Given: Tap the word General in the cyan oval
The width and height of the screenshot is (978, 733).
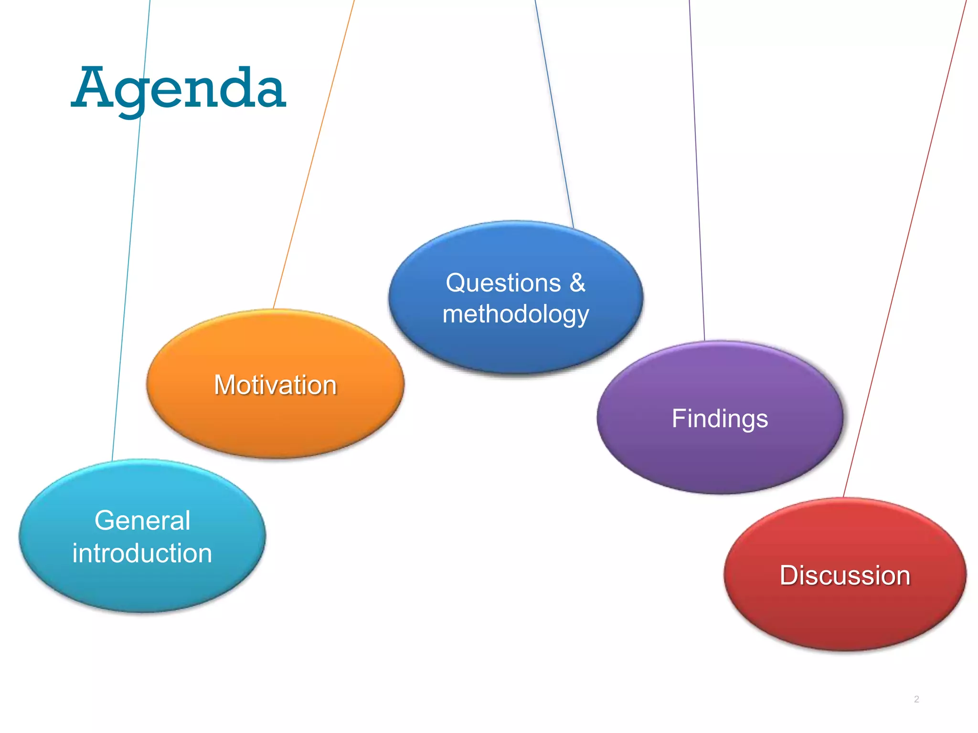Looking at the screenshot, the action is [142, 520].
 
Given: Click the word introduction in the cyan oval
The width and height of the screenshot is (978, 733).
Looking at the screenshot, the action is [142, 554].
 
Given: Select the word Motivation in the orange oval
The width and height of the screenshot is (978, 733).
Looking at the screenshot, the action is [276, 385].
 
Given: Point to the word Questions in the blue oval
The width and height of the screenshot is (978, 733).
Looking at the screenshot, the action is [503, 283].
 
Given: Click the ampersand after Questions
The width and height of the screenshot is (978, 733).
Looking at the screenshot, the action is [577, 283].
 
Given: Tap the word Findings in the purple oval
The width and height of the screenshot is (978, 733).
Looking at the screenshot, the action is [720, 419].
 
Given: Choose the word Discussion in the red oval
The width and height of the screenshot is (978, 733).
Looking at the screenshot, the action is [845, 576].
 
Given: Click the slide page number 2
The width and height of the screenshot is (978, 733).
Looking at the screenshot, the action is [916, 699].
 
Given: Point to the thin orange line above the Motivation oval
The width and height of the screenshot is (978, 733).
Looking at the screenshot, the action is [315, 153].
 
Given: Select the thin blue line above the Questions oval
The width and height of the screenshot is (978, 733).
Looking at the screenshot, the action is [554, 115].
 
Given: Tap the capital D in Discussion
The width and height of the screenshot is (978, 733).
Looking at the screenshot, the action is [789, 576].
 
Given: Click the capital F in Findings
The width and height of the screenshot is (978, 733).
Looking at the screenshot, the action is [679, 418].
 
